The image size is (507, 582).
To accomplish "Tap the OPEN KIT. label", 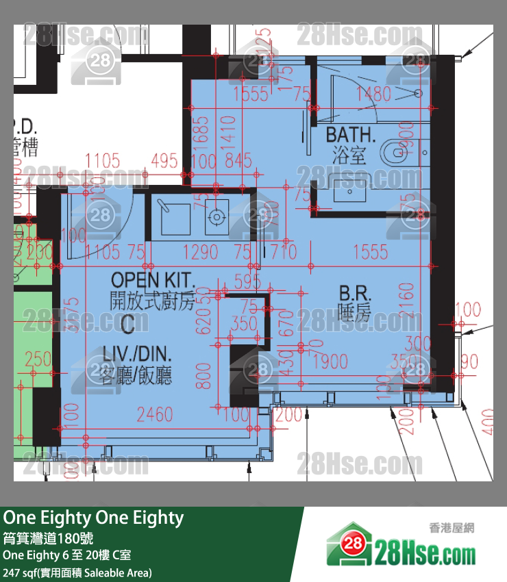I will [x=153, y=280].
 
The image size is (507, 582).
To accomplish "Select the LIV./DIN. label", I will [x=137, y=355].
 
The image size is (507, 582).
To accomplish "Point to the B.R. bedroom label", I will [x=355, y=294].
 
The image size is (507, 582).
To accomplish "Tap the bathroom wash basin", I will [x=352, y=191].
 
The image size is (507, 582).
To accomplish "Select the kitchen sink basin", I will [x=168, y=217].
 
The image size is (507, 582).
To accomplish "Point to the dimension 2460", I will [x=155, y=414].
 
